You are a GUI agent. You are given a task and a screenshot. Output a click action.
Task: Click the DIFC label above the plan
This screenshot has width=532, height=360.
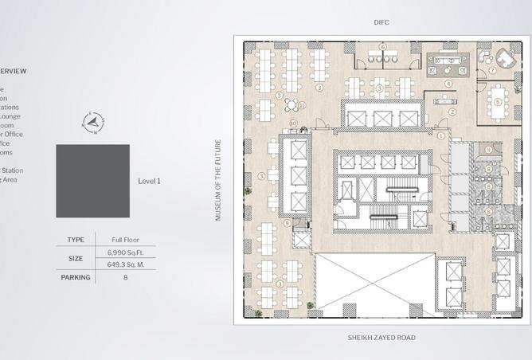tap(381, 22)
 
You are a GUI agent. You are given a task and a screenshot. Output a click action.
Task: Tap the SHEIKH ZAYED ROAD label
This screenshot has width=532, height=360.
tap(381, 338)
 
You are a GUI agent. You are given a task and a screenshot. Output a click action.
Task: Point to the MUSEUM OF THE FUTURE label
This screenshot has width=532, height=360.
tap(218, 180)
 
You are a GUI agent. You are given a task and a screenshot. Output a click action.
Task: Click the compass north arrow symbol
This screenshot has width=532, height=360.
tap(93, 123)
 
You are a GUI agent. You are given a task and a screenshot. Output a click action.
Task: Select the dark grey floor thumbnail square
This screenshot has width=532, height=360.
tap(92, 181)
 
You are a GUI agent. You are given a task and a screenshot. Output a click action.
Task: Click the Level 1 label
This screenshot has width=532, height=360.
tap(149, 181)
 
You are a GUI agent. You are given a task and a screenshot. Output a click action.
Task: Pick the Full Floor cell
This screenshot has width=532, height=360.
tap(125, 239)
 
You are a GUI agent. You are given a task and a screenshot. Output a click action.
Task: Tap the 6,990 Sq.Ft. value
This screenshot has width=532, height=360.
tap(125, 252)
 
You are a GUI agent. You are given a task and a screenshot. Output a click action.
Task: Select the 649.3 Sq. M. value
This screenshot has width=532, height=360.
tap(125, 264)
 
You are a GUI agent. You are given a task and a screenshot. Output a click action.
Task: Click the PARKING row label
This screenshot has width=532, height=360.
tap(76, 277)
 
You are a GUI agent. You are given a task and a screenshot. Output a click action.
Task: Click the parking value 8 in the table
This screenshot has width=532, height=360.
tap(125, 277)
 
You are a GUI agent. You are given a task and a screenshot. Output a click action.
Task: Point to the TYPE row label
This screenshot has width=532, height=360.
tap(76, 239)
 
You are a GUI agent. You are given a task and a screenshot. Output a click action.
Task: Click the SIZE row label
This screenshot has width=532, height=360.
tap(76, 258)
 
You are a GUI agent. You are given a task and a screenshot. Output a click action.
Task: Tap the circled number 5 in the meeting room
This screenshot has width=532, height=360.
tap(499, 101)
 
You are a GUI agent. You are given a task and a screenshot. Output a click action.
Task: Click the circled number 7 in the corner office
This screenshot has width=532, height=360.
tap(493, 71)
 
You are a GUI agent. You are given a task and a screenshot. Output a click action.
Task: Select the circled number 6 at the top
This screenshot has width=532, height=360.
tap(383, 47)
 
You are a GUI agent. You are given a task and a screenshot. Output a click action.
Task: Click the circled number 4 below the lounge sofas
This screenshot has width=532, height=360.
tap(448, 83)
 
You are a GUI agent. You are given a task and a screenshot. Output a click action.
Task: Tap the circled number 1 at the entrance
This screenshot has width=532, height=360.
tap(440, 135)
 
